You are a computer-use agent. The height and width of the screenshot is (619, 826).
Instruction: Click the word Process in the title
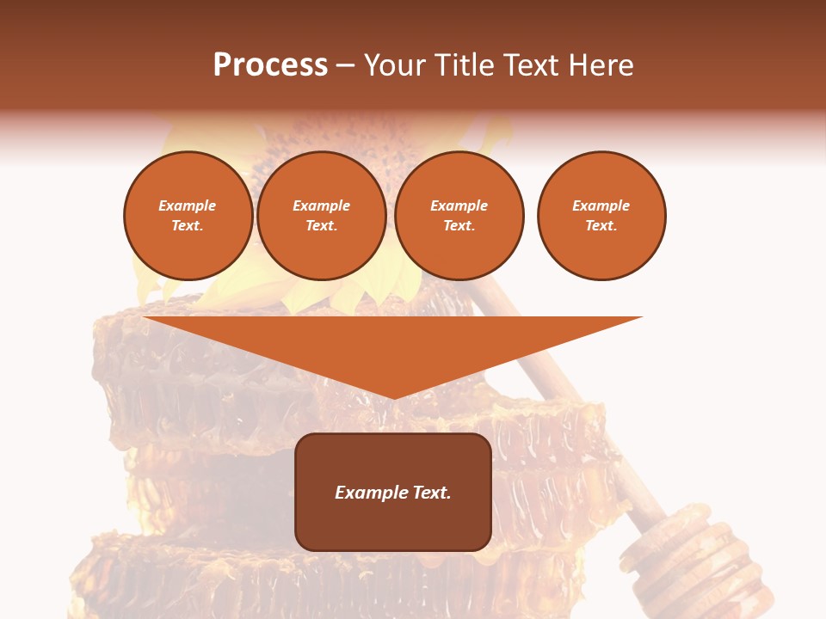click(x=270, y=65)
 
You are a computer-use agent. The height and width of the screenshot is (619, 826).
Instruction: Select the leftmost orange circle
click(x=188, y=216)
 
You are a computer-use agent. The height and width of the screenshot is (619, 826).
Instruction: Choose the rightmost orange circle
click(x=601, y=216)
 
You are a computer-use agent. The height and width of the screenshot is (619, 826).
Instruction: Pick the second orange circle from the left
click(x=321, y=216)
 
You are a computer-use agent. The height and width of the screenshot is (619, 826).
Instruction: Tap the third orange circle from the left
click(x=459, y=216)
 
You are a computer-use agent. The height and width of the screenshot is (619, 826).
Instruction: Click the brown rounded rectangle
click(x=393, y=524)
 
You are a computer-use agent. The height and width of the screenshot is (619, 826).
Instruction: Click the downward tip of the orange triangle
click(x=393, y=395)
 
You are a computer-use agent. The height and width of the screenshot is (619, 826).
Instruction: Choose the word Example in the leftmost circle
click(x=188, y=205)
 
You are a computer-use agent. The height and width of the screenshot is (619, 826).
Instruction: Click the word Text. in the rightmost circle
click(x=601, y=225)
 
